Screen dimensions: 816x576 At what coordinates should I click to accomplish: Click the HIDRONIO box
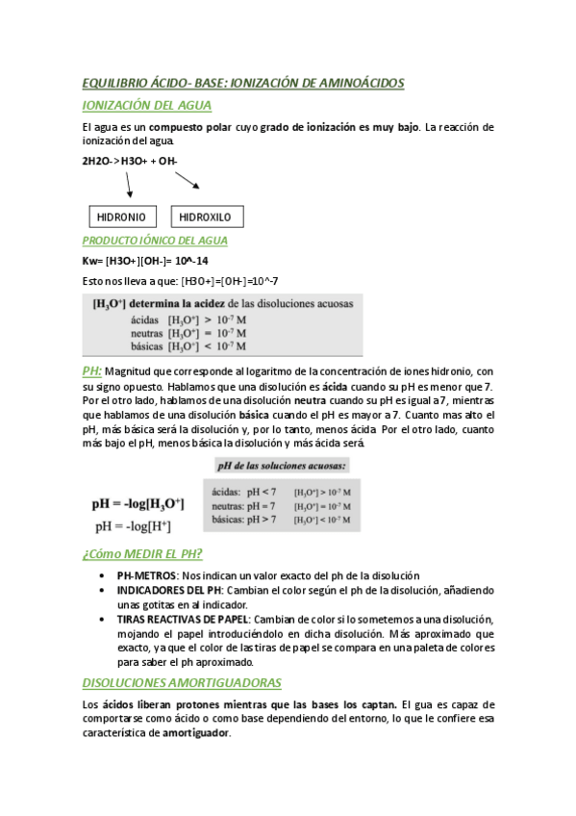point(120,217)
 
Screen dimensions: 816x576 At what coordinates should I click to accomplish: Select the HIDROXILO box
point(206,217)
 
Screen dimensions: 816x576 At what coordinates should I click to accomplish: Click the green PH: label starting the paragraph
point(92,370)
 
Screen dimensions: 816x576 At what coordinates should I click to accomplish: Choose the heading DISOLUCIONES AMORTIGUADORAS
point(182,682)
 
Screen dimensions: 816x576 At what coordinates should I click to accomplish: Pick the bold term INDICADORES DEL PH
point(169,590)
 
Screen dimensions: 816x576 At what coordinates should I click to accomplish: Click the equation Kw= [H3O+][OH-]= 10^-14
point(144,261)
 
